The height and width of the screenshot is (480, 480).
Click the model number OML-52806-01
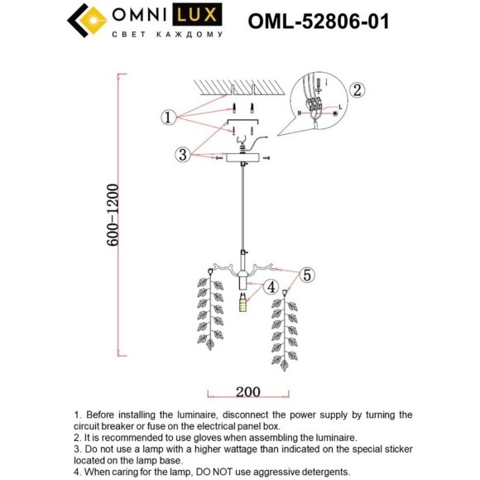(319, 22)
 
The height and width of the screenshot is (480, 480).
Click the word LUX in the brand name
(204, 17)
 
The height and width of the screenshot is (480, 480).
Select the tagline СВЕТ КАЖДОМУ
(168, 36)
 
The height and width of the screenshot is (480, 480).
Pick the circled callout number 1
(169, 118)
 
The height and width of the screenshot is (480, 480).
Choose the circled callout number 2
(357, 90)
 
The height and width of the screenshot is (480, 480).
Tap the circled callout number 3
(182, 154)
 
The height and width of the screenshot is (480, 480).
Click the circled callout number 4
(271, 289)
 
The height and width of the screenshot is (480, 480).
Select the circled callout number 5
(307, 275)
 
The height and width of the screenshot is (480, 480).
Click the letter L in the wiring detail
(339, 108)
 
